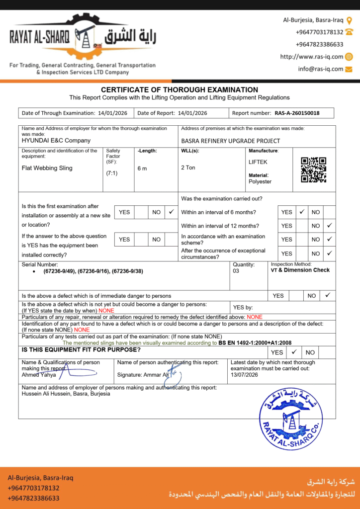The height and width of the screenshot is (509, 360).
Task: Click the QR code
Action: (x=314, y=170)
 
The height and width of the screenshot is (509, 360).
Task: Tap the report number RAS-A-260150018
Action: (x=297, y=113)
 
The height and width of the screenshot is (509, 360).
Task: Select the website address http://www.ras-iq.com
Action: (x=312, y=57)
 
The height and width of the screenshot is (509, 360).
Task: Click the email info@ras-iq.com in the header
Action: (x=321, y=69)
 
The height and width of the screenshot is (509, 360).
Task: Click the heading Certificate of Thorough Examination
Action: (x=180, y=89)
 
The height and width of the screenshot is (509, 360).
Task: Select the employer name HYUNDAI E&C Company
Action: (x=56, y=141)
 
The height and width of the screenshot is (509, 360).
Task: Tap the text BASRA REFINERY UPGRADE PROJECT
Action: (x=231, y=141)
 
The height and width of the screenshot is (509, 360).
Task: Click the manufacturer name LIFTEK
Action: (x=258, y=162)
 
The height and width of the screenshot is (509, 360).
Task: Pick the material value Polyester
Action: (x=260, y=181)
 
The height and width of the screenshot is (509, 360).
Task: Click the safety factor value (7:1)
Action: (x=112, y=173)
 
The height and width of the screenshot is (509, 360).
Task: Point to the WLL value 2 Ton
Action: (x=188, y=168)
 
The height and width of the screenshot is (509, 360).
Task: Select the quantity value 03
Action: (x=236, y=271)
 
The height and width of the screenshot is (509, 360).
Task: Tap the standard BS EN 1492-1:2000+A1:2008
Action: (x=255, y=343)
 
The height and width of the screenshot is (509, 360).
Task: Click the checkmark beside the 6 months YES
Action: (x=301, y=212)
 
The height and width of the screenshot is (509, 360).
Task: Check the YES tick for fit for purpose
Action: (x=294, y=352)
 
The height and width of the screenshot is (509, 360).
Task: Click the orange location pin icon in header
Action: (x=349, y=20)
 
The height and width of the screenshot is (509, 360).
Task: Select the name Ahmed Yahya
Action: (x=39, y=375)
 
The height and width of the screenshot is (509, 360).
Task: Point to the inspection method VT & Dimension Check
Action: (x=300, y=270)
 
